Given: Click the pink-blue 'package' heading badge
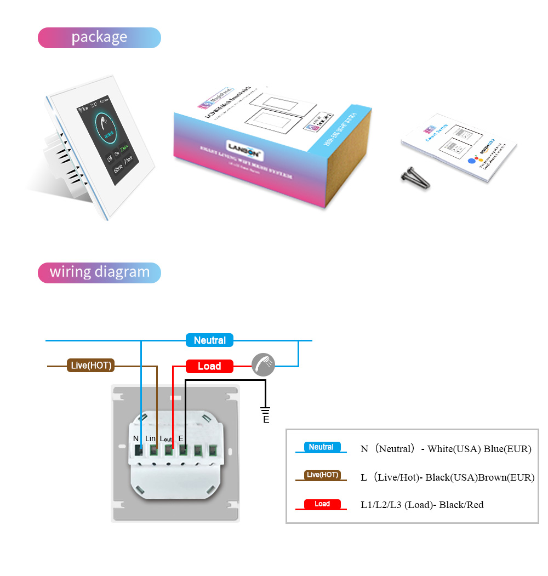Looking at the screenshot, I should pyautogui.click(x=99, y=38).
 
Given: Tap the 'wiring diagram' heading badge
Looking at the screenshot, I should pyautogui.click(x=99, y=272).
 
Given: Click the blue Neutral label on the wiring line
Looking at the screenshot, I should pyautogui.click(x=209, y=340).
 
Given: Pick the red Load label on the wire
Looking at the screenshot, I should pyautogui.click(x=209, y=366).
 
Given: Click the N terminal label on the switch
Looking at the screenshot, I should pyautogui.click(x=136, y=438).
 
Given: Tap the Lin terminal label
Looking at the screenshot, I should pyautogui.click(x=151, y=438).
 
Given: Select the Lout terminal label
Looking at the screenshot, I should pyautogui.click(x=166, y=439).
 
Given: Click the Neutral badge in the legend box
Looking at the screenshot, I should pyautogui.click(x=321, y=447).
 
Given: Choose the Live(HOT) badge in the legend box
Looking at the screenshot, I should pyautogui.click(x=322, y=475).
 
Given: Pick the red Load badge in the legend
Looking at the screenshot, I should pyautogui.click(x=322, y=504).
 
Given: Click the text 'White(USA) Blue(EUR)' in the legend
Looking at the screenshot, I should pyautogui.click(x=480, y=449).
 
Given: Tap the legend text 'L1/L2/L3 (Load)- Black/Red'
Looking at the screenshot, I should pyautogui.click(x=422, y=505).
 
